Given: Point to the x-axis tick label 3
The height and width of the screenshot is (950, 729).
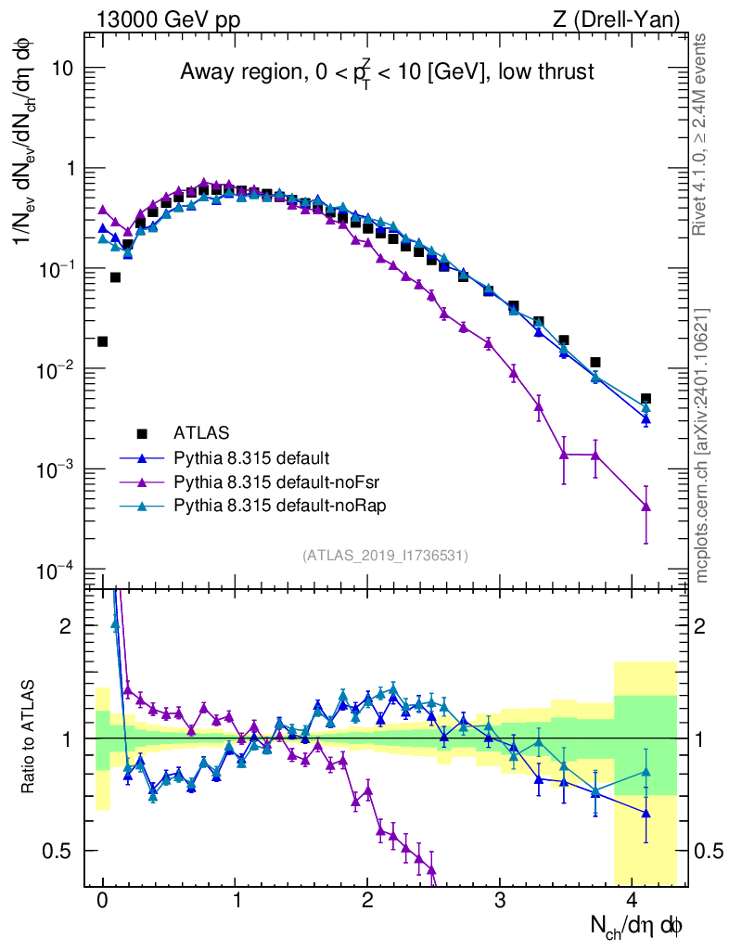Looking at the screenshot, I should (501, 899).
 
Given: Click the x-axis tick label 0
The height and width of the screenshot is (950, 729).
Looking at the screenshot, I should (103, 899).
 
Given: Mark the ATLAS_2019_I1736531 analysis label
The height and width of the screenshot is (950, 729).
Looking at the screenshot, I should (385, 555).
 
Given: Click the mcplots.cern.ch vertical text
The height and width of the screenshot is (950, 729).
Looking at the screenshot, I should (702, 445).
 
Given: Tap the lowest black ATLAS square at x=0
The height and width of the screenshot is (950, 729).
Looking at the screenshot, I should (103, 341).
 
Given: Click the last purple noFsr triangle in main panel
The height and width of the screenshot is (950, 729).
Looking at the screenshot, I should (646, 507).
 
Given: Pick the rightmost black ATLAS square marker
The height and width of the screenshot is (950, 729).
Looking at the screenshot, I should (646, 399).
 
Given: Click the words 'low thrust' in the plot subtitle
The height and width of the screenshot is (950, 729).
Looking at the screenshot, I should (544, 71).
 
